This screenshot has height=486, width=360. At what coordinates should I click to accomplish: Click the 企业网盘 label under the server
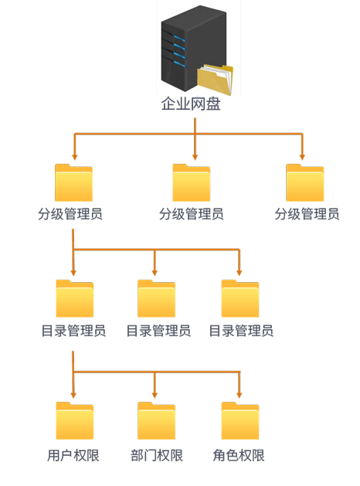click(191, 104)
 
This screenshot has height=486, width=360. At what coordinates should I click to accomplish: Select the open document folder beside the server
click(215, 80)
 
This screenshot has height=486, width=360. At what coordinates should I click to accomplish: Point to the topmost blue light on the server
click(179, 39)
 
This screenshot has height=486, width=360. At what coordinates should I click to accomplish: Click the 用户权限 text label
click(73, 455)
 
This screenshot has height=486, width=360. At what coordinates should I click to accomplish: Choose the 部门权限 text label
click(157, 455)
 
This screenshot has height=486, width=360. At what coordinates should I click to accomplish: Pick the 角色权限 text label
click(239, 455)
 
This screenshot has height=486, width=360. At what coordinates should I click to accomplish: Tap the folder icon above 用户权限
click(75, 420)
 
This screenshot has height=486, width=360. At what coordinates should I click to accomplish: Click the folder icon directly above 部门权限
click(157, 420)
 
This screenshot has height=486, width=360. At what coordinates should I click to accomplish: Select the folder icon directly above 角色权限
click(240, 420)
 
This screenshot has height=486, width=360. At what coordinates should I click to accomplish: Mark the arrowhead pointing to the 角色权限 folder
click(239, 395)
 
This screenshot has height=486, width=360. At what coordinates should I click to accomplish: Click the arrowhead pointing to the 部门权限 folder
click(155, 395)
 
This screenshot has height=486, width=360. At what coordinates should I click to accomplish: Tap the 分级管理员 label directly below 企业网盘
click(191, 214)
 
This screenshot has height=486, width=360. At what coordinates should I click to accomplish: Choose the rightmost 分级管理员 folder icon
click(305, 182)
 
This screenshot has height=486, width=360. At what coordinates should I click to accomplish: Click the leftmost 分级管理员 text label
click(70, 214)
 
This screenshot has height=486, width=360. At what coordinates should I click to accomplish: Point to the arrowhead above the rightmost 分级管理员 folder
click(302, 157)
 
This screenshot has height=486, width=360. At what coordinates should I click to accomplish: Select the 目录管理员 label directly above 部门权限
click(158, 331)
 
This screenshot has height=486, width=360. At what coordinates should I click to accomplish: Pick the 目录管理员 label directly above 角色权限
click(241, 331)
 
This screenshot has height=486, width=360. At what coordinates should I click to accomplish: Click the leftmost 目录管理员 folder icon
click(75, 298)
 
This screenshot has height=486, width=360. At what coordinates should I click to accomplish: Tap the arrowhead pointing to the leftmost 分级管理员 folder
click(74, 157)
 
